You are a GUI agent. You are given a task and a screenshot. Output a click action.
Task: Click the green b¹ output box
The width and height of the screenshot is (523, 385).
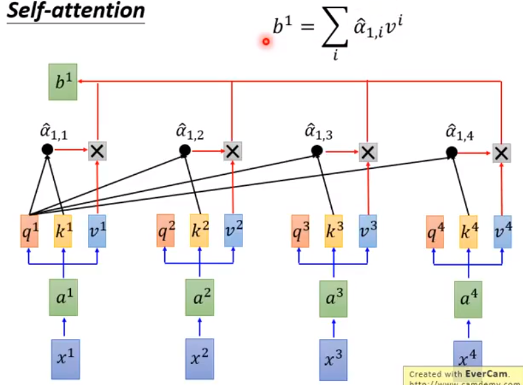pos(63,82)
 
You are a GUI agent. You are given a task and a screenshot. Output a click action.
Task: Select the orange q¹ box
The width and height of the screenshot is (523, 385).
pos(30,230)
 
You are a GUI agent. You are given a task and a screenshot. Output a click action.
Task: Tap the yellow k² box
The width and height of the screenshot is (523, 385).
pos(199,230)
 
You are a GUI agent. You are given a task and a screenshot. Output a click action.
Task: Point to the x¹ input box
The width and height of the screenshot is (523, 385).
pos(64,357)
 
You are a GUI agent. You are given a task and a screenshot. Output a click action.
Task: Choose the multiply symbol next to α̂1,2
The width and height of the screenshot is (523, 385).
pos(231,151)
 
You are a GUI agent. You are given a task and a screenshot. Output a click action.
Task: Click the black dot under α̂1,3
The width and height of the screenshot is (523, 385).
pos(317,151)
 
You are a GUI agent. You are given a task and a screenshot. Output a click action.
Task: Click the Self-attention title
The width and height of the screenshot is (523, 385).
pos(76,11)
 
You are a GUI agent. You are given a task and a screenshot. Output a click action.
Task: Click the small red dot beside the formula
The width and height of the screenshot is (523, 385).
pos(266,41)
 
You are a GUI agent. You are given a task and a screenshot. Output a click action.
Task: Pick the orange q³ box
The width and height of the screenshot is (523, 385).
pos(300,230)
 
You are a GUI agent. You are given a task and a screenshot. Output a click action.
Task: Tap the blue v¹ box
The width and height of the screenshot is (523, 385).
pos(97,230)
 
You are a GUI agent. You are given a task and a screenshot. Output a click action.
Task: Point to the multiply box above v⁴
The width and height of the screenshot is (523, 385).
pos(502,152)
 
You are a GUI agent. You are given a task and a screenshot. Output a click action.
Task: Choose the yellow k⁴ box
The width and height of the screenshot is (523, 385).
pos(468,230)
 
